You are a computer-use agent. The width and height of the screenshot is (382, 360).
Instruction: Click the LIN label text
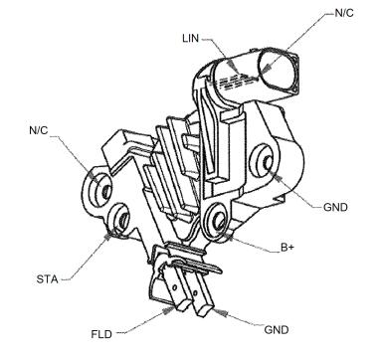click(190, 38)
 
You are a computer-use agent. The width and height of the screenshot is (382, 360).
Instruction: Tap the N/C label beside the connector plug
click(344, 13)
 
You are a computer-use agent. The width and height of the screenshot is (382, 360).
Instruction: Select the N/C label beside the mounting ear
click(39, 130)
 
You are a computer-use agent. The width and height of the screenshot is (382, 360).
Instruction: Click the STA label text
click(47, 279)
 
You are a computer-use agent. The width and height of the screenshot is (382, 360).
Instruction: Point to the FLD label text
click(101, 334)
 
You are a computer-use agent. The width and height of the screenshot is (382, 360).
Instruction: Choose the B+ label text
click(287, 248)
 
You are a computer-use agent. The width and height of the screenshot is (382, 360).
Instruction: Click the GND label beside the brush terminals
click(277, 330)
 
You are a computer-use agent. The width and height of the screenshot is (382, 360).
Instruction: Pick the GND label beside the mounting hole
click(335, 207)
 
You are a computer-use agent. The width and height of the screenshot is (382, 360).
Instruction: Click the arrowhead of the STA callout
click(108, 235)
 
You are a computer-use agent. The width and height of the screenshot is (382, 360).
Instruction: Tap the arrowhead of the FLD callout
click(168, 310)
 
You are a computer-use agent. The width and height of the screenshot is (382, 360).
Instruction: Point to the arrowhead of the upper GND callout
click(278, 177)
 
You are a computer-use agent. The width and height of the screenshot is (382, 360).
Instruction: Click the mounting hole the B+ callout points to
click(219, 221)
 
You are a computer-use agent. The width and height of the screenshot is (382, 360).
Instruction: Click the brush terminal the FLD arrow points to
click(178, 289)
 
